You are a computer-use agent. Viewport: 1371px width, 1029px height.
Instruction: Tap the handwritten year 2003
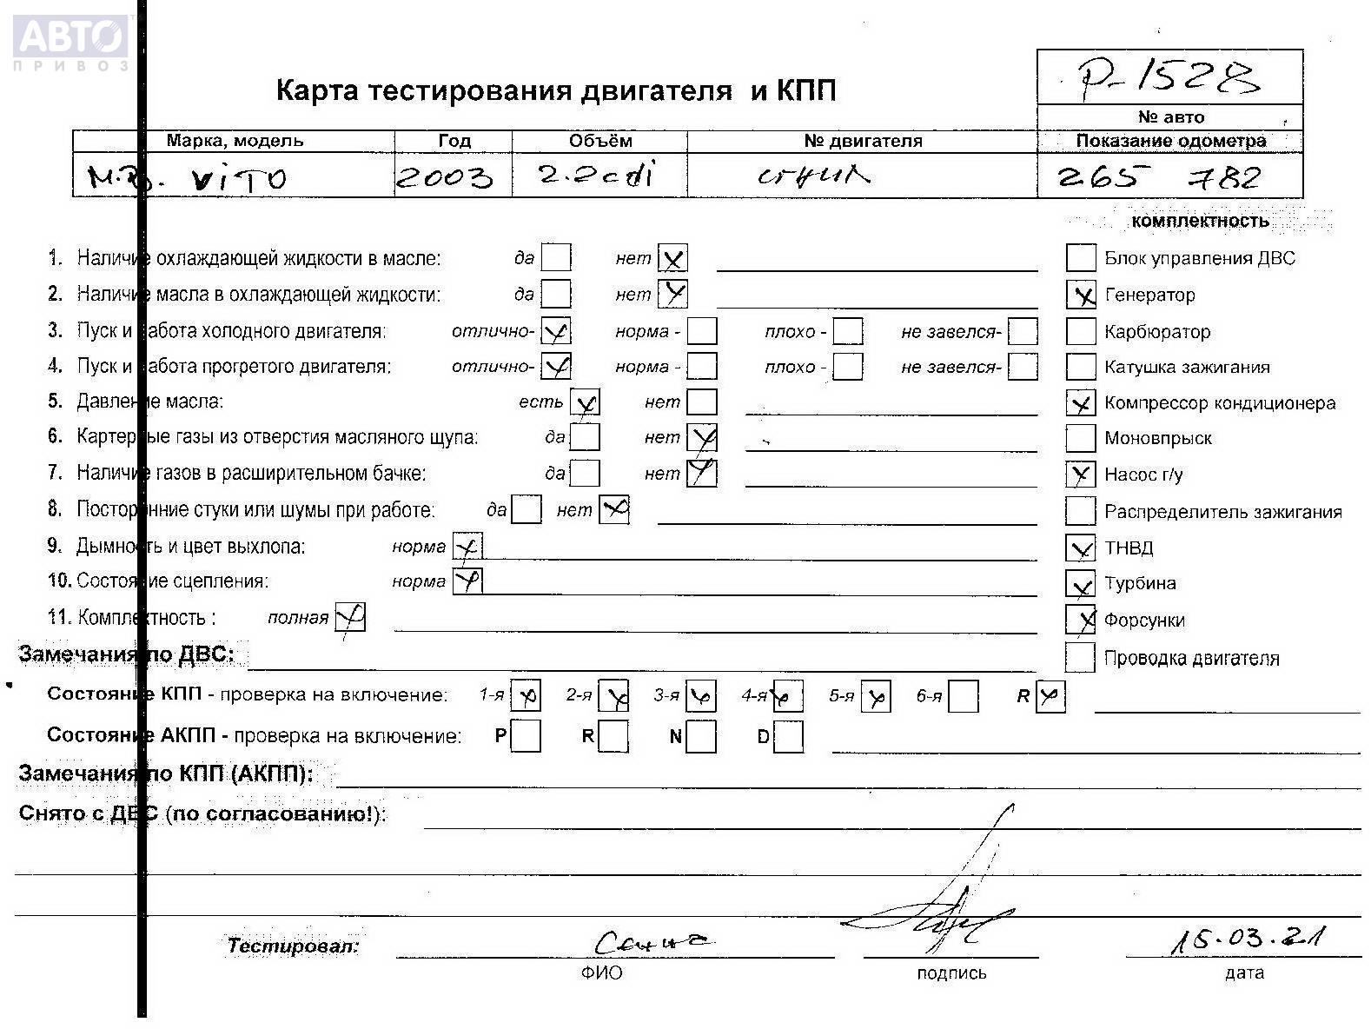(445, 178)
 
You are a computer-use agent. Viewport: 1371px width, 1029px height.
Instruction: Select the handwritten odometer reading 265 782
(1159, 178)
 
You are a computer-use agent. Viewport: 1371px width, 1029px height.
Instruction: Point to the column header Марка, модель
(235, 141)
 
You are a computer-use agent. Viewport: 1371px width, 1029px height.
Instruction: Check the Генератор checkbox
(1081, 295)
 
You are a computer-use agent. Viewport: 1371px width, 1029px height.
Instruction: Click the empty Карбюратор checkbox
(1081, 332)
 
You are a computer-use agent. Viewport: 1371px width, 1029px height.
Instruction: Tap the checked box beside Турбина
(1081, 584)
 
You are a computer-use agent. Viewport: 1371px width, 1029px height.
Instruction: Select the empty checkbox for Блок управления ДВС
(1081, 258)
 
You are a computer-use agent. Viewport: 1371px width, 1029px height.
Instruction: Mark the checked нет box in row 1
(672, 258)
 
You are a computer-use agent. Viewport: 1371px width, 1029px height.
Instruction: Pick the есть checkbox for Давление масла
(585, 402)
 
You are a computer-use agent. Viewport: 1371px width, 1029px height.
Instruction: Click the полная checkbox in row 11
(350, 618)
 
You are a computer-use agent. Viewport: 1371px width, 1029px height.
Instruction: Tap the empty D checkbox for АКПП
(788, 738)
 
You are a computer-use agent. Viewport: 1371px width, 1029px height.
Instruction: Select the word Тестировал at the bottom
(293, 946)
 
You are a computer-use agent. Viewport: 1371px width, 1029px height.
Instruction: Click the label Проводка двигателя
(1191, 659)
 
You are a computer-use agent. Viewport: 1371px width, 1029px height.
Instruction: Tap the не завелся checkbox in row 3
(1023, 332)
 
